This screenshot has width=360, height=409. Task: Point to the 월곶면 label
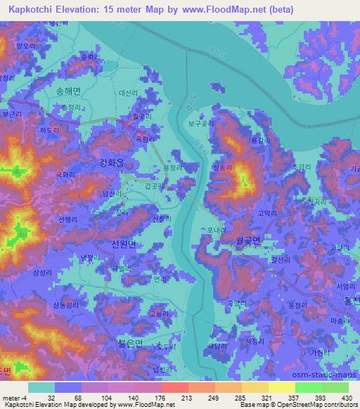point(247,240)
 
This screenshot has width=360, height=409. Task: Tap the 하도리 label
point(49,130)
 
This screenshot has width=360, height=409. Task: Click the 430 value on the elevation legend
point(345,397)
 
